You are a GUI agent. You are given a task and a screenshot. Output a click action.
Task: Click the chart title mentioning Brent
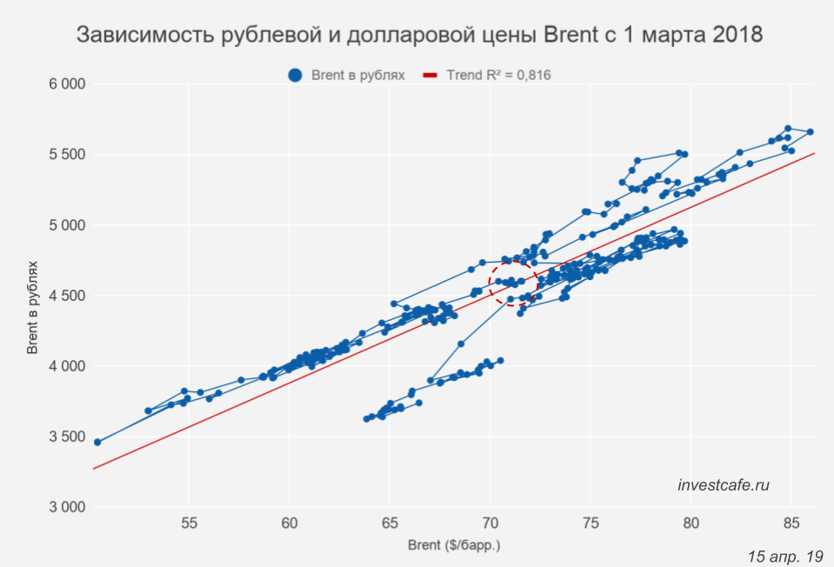(420, 36)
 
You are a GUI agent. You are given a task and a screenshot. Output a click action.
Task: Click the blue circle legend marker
(296, 76)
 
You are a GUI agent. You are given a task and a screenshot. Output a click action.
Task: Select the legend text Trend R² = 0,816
(498, 76)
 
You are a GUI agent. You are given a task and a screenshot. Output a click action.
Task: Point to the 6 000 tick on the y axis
(66, 84)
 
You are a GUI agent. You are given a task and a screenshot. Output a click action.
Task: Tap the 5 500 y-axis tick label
(66, 155)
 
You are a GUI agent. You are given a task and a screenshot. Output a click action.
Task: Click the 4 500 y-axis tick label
(66, 296)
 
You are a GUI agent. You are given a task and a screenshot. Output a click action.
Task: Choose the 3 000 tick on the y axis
(66, 507)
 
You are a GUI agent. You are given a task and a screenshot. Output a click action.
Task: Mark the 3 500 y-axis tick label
(66, 437)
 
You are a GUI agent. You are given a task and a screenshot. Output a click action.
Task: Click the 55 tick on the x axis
(189, 524)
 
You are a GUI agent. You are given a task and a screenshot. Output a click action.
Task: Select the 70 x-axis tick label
(490, 524)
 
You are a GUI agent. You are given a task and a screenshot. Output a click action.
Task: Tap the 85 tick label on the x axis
(791, 524)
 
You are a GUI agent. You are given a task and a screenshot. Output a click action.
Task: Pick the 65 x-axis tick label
(390, 524)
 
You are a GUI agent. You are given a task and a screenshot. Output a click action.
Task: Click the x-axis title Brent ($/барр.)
(455, 546)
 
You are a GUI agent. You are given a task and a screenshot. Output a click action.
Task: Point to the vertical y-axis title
(32, 296)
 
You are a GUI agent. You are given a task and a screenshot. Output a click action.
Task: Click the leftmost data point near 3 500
(97, 442)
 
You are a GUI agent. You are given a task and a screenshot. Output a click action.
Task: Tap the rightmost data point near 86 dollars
(810, 132)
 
